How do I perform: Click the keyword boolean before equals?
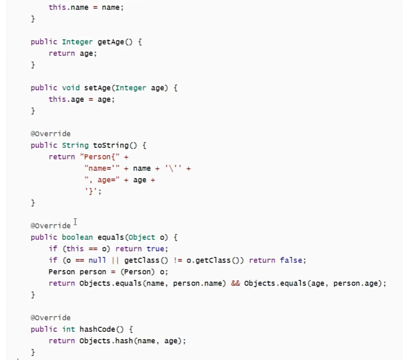(x=77, y=237)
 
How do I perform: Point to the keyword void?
(x=71, y=88)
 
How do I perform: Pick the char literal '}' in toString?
(x=91, y=192)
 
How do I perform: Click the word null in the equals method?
(x=95, y=260)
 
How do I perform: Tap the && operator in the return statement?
(x=235, y=283)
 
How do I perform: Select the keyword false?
(x=292, y=260)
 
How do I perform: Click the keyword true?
(x=155, y=249)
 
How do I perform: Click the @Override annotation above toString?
(x=50, y=134)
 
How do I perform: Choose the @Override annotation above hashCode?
(x=50, y=318)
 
